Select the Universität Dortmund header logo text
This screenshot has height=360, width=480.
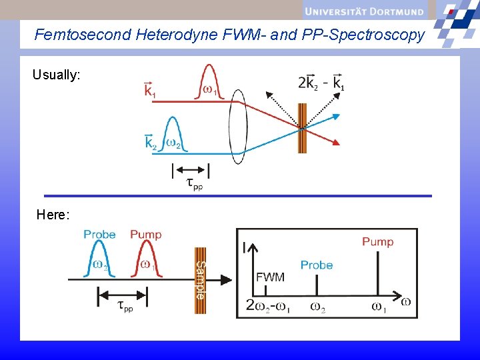click(x=364, y=10)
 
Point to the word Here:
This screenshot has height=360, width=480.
click(x=53, y=215)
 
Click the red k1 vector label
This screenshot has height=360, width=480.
click(x=150, y=89)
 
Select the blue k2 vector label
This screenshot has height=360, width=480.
click(x=151, y=142)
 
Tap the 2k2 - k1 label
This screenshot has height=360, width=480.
click(x=321, y=83)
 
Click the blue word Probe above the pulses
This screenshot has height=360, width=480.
click(x=99, y=235)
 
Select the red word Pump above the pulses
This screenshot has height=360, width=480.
click(x=145, y=235)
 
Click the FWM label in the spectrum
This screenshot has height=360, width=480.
click(x=270, y=277)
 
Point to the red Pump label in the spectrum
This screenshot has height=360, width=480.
click(x=377, y=241)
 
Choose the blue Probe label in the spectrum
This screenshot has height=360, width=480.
click(x=317, y=265)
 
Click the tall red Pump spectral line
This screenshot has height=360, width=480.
click(x=378, y=273)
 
